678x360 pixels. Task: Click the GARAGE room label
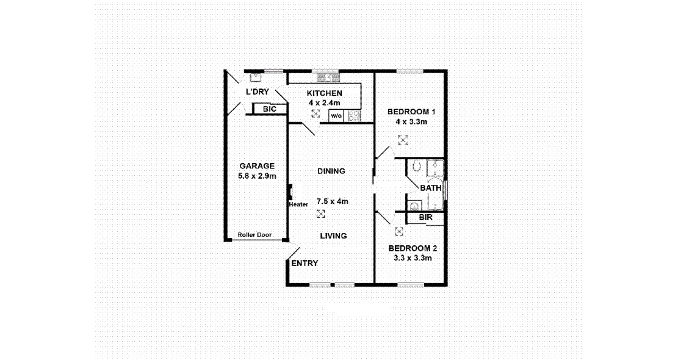pyautogui.click(x=256, y=166)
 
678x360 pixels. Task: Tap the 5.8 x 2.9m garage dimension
pyautogui.click(x=257, y=176)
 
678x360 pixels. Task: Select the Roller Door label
pyautogui.click(x=254, y=235)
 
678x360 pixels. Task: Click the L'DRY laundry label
pyautogui.click(x=257, y=92)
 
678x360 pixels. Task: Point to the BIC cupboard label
pyautogui.click(x=270, y=109)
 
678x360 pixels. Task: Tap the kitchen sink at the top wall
pyautogui.click(x=328, y=77)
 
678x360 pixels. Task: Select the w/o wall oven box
pyautogui.click(x=336, y=115)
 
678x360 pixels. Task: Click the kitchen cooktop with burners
pyautogui.click(x=353, y=115)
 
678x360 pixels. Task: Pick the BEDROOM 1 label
pyautogui.click(x=411, y=112)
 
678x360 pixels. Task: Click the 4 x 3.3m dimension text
pyautogui.click(x=411, y=121)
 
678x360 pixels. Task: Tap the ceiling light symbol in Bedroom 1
pyautogui.click(x=403, y=141)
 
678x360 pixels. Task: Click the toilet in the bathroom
pyautogui.click(x=417, y=165)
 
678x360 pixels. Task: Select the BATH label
pyautogui.click(x=430, y=188)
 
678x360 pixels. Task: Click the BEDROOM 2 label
pyautogui.click(x=413, y=248)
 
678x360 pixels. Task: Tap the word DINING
pyautogui.click(x=331, y=171)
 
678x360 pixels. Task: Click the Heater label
pyautogui.click(x=298, y=204)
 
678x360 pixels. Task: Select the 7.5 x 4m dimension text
pyautogui.click(x=333, y=201)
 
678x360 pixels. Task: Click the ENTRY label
pyautogui.click(x=305, y=264)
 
